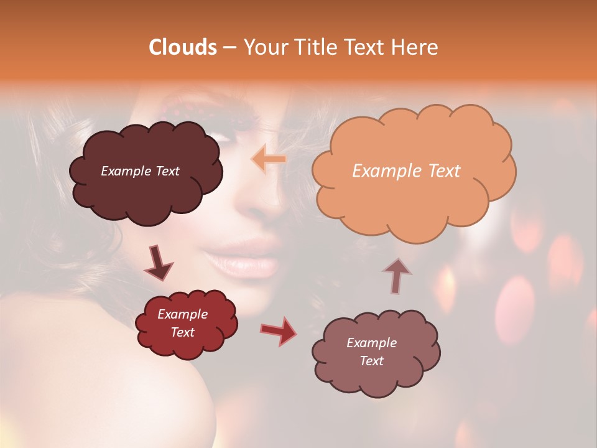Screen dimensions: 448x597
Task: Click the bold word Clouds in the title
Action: click(x=183, y=47)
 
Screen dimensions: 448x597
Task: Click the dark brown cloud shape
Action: click(x=144, y=187)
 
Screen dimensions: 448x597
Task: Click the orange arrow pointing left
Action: click(x=269, y=159)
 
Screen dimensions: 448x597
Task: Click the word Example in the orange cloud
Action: click(x=382, y=171)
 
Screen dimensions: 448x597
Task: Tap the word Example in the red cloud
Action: click(x=182, y=314)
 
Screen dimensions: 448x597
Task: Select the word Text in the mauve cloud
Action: click(x=371, y=361)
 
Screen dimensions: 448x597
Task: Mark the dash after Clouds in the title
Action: click(x=229, y=48)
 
